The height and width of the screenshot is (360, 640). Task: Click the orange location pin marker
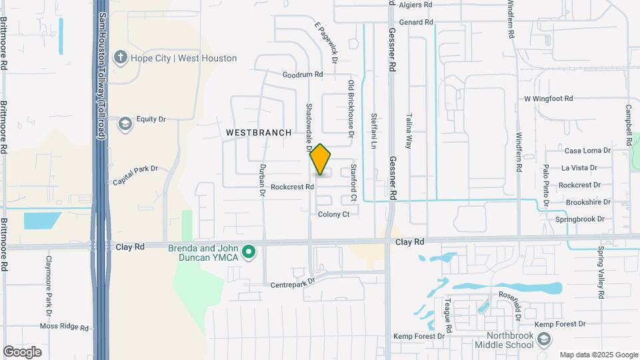[321, 160]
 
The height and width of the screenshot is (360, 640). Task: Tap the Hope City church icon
[120, 57]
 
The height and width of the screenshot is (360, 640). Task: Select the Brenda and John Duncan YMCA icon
[249, 251]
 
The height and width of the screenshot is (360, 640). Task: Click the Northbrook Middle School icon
[544, 339]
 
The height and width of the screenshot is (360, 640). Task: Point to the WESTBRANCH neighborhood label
[259, 133]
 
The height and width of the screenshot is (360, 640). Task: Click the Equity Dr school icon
[125, 124]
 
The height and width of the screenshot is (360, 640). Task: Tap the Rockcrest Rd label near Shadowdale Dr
[292, 187]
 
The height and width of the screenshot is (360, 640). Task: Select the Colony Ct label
[333, 214]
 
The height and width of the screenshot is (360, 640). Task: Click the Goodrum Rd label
[302, 75]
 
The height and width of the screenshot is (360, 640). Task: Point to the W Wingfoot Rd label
[548, 99]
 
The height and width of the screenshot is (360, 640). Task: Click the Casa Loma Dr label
[587, 151]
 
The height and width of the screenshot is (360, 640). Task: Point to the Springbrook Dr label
[579, 219]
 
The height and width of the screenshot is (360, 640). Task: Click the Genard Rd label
[417, 22]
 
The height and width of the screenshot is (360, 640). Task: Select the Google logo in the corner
[22, 351]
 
